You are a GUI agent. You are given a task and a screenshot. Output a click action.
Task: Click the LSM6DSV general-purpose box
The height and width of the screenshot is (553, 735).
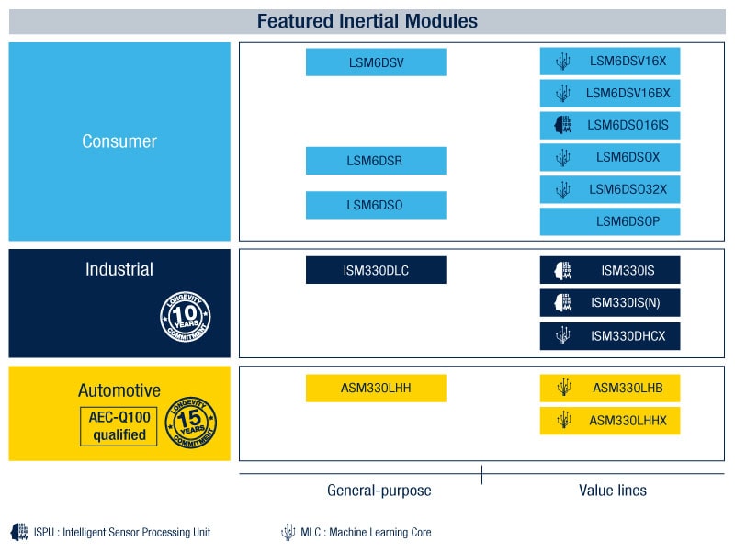pyautogui.click(x=376, y=62)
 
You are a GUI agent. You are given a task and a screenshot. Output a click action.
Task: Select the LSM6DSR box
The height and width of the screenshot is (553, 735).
pyautogui.click(x=376, y=161)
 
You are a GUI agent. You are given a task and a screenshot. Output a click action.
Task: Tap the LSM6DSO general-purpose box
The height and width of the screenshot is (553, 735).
pyautogui.click(x=376, y=205)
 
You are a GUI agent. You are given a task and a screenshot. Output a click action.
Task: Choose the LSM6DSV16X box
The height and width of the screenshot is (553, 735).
pyautogui.click(x=610, y=62)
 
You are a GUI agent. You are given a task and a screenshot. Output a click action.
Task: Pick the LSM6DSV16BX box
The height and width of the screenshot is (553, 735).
pyautogui.click(x=610, y=94)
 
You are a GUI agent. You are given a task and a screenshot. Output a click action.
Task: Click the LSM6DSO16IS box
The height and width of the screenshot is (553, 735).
pyautogui.click(x=610, y=126)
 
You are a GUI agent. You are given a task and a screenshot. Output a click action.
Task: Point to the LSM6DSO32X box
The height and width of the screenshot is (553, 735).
pyautogui.click(x=610, y=190)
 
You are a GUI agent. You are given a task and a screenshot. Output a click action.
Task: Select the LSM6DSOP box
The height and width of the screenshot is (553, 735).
pyautogui.click(x=610, y=222)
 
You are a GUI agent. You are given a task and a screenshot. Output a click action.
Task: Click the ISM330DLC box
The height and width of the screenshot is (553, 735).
pyautogui.click(x=376, y=270)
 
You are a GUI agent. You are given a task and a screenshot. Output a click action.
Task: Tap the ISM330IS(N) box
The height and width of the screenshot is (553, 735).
pyautogui.click(x=610, y=303)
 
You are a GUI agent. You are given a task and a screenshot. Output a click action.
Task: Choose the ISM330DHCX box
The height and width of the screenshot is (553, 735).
pyautogui.click(x=610, y=336)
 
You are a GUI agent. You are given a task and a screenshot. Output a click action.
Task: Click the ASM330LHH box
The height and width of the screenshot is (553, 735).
pyautogui.click(x=376, y=389)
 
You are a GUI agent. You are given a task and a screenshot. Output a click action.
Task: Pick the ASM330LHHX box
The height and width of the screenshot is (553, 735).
pyautogui.click(x=610, y=421)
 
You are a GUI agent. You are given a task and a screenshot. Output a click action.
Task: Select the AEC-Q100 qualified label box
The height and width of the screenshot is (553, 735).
pyautogui.click(x=119, y=425)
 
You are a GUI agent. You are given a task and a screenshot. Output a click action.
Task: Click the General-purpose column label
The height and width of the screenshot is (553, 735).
pyautogui.click(x=379, y=491)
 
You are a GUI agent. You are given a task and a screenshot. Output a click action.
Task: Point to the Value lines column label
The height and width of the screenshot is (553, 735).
pyautogui.click(x=612, y=491)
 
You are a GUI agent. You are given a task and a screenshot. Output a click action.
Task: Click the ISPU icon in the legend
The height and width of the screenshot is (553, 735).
pyautogui.click(x=19, y=532)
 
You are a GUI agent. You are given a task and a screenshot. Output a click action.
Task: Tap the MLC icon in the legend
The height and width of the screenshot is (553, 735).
pyautogui.click(x=288, y=532)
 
